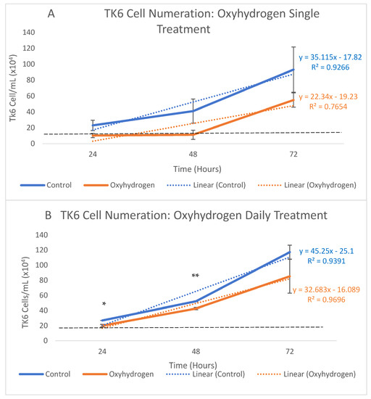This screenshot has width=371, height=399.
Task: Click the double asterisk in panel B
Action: point(195,276)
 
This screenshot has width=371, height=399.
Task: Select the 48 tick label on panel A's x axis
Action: point(193,155)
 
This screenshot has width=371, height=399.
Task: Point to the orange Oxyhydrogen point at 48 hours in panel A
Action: point(193,134)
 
